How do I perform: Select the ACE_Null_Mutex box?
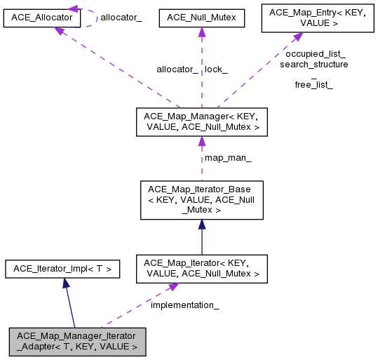coord(202,16)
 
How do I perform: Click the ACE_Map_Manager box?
coord(202,121)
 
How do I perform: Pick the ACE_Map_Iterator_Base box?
coord(202,200)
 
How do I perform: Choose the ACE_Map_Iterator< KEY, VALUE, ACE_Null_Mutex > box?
coord(202,268)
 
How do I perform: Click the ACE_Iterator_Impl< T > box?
coord(63,268)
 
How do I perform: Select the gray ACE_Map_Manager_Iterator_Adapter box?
coord(77,340)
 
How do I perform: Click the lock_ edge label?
coord(216,69)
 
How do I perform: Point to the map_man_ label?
coord(228,158)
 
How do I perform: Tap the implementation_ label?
coord(185,305)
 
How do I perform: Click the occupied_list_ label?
coord(315,53)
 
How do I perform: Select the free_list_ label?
coord(313,85)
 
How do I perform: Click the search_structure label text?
coord(313,64)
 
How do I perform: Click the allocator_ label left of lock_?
coord(177,69)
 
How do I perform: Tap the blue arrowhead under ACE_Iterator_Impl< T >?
coord(65,282)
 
